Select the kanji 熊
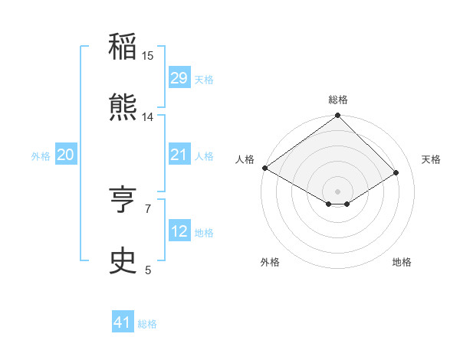pyautogui.click(x=123, y=108)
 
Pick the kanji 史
pyautogui.click(x=123, y=261)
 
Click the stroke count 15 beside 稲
pyautogui.click(x=148, y=56)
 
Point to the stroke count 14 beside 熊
pyautogui.click(x=148, y=117)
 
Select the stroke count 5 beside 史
pyautogui.click(x=148, y=270)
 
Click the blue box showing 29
pyautogui.click(x=179, y=78)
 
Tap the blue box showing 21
pyautogui.click(x=179, y=155)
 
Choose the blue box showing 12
pyautogui.click(x=179, y=231)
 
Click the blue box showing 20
pyautogui.click(x=65, y=155)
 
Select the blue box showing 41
pyautogui.click(x=123, y=322)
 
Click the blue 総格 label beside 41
pyautogui.click(x=147, y=324)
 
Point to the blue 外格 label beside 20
pyautogui.click(x=41, y=156)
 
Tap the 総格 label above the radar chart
pyautogui.click(x=338, y=100)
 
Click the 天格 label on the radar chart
pyautogui.click(x=432, y=159)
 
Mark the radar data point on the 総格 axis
pyautogui.click(x=338, y=116)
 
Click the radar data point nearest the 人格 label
pyautogui.click(x=264, y=168)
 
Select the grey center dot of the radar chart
pyautogui.click(x=338, y=191)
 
